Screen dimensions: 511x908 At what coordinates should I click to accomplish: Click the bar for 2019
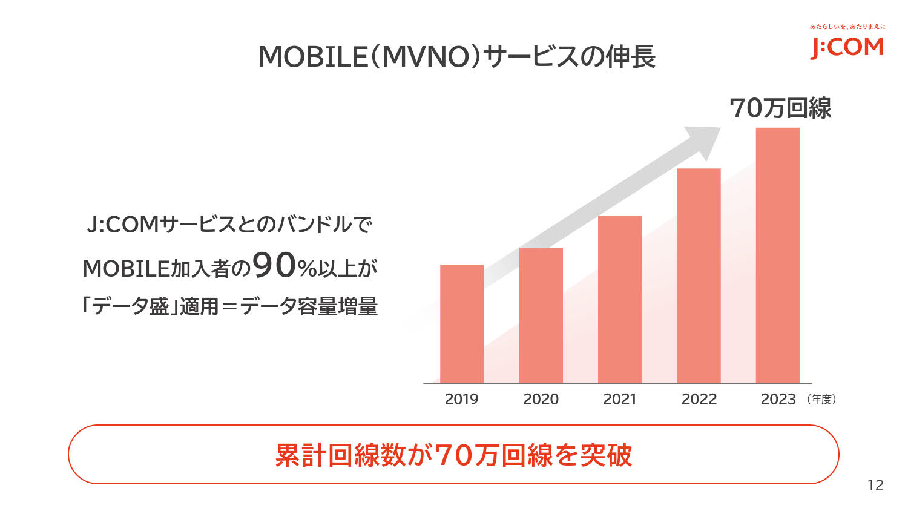[x=462, y=323]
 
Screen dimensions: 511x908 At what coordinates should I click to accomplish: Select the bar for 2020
[x=541, y=315]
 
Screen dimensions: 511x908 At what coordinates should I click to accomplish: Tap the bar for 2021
[x=620, y=299]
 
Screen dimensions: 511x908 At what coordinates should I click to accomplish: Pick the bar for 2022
[x=699, y=275]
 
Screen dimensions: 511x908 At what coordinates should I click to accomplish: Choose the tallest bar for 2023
[x=778, y=255]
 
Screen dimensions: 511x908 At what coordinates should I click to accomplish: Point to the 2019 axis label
[x=461, y=399]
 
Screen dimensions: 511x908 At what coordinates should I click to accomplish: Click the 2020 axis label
[x=541, y=399]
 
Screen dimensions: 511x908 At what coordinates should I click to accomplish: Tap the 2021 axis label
[x=620, y=399]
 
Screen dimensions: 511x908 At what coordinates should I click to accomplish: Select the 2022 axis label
[x=699, y=399]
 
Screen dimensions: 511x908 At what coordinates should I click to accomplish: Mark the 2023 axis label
[x=778, y=399]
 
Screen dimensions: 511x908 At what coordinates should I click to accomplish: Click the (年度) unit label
[x=821, y=400]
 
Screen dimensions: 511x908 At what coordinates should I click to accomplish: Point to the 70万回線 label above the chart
[x=780, y=108]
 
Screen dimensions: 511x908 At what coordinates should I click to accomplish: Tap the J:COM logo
[x=847, y=47]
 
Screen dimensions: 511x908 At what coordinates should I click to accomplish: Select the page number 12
[x=875, y=485]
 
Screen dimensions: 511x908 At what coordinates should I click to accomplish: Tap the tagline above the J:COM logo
[x=847, y=27]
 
